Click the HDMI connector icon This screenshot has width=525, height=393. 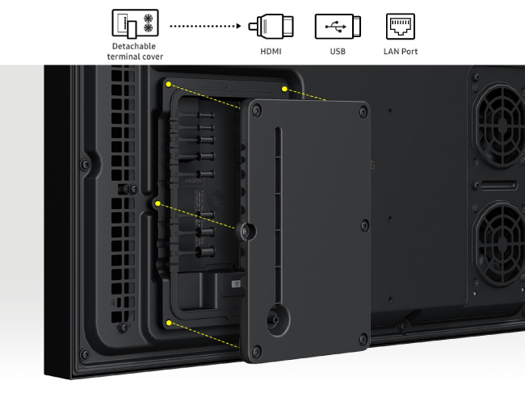pos(271,26)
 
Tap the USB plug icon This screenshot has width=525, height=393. pos(338,26)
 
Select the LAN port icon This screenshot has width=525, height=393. pos(401,26)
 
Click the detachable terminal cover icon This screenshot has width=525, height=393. pos(135,23)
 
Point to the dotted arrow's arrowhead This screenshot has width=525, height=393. pos(239,26)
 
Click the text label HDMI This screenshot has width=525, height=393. pos(271,52)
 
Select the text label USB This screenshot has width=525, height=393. pos(338,52)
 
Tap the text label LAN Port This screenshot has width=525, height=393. pos(401,52)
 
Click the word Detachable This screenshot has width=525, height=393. pos(134,46)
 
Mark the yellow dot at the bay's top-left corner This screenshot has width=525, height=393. pos(169,84)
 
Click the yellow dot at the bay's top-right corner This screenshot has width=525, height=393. pos(284,89)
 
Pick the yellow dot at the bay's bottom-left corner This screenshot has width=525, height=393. pos(169,323)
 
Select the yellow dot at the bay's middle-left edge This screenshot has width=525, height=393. pos(157,203)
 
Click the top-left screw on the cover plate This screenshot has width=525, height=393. pos(257,111)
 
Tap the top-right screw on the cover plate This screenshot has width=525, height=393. pos(363,111)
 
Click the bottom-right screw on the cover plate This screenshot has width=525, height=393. pos(363,339)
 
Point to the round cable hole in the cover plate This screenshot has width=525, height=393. pos(278,320)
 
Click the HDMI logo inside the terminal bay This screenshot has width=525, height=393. pos(194,181)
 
